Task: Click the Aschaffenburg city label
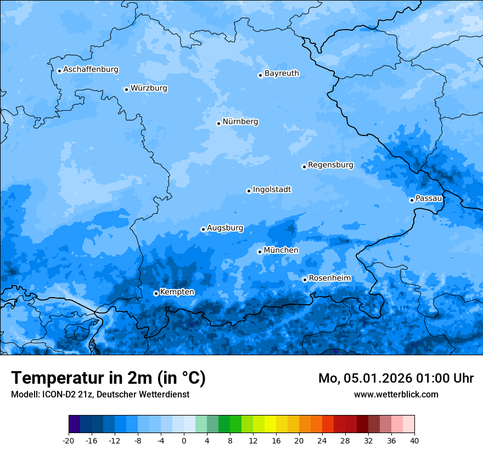coord(91,70)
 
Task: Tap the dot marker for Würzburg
coord(126,89)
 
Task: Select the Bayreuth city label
coord(282,73)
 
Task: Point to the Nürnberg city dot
coord(218,123)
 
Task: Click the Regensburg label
coord(330,165)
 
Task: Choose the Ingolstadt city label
coord(272,190)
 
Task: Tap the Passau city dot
coord(412,200)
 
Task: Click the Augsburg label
coord(225,228)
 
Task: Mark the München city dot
coord(260,252)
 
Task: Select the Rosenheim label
coord(329,278)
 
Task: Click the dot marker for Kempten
coord(156,293)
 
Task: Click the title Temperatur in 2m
coord(108,378)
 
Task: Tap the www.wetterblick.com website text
coord(396,394)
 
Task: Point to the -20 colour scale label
coord(69,440)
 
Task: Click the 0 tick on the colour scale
coord(184,440)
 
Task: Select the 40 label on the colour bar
coord(414,440)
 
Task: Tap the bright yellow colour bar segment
coord(270,424)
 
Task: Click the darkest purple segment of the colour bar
coord(75,424)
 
